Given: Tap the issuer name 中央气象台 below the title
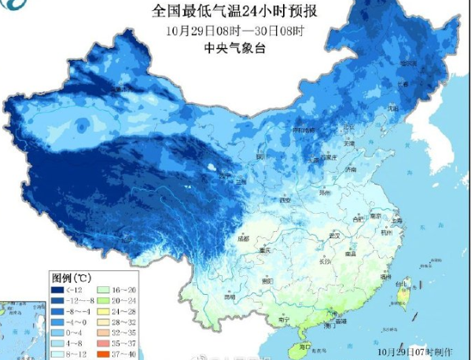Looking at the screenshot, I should [x=235, y=47].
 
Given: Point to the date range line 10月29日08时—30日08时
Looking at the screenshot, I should [x=235, y=31].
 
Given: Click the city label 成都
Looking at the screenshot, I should [x=243, y=238].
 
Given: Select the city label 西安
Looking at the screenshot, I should [x=286, y=200].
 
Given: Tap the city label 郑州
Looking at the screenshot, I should [x=324, y=191].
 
